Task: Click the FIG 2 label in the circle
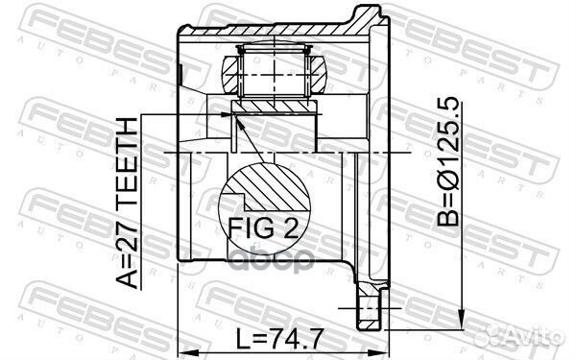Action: [x=263, y=228]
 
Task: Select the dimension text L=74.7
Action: [x=279, y=339]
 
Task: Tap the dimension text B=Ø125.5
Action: [x=448, y=161]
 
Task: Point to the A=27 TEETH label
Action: [x=127, y=203]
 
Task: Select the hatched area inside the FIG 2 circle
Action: [x=272, y=187]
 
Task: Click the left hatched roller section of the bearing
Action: [x=230, y=75]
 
